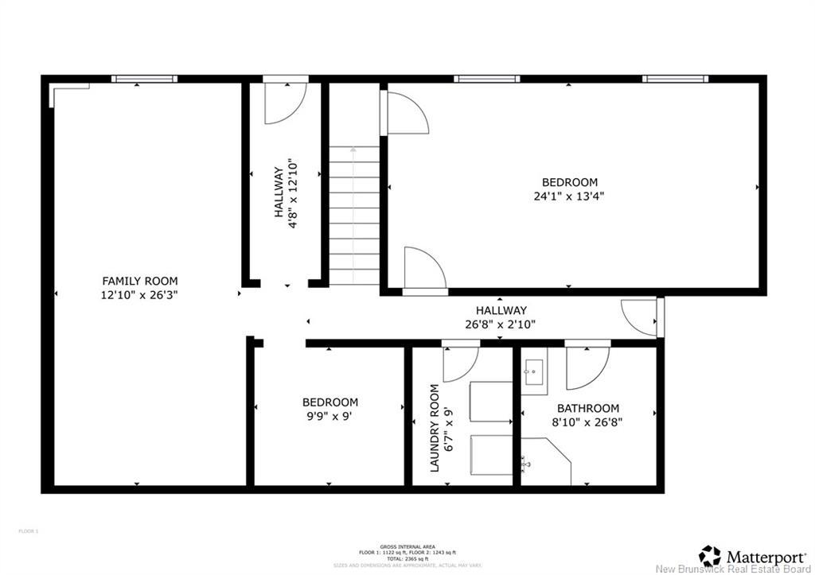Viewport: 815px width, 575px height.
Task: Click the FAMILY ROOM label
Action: coord(140,281)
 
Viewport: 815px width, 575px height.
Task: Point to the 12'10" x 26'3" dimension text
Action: coord(140,294)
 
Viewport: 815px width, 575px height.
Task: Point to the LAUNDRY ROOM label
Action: coord(435,429)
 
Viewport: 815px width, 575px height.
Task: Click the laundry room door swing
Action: coord(460,363)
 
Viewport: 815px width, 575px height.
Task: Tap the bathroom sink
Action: coord(534,371)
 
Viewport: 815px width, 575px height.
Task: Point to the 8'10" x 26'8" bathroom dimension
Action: coord(587,422)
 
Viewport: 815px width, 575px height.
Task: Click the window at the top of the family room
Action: coord(144,79)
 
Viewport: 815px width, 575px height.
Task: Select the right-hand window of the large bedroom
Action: coord(675,79)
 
